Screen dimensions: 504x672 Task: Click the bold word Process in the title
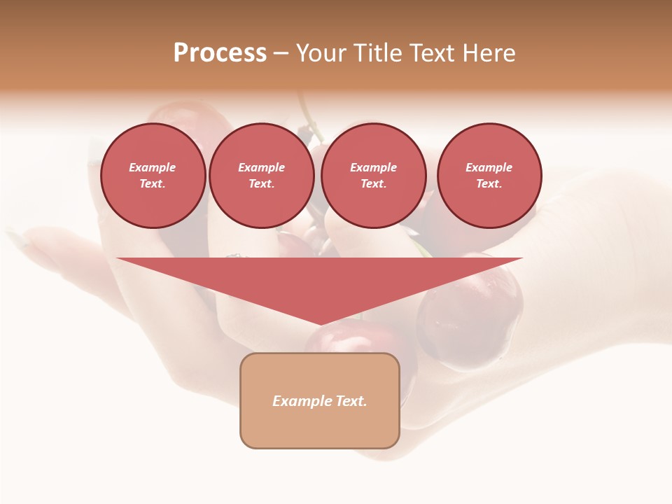coord(220,53)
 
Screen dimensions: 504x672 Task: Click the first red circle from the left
coord(153,176)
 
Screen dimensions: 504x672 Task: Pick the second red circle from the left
coord(261,176)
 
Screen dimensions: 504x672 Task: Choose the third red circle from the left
coord(373,176)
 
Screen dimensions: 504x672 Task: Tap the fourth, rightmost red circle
coord(489,176)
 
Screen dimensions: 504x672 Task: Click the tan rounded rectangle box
coord(320,400)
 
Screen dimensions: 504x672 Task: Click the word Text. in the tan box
coord(350,401)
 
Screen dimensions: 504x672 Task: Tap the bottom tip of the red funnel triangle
coord(320,323)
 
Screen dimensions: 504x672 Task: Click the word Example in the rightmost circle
coord(489,167)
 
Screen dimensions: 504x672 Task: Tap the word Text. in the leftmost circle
coord(153,184)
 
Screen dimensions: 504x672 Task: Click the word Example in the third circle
coord(373,167)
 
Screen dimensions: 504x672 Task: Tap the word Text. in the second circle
coord(261,184)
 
